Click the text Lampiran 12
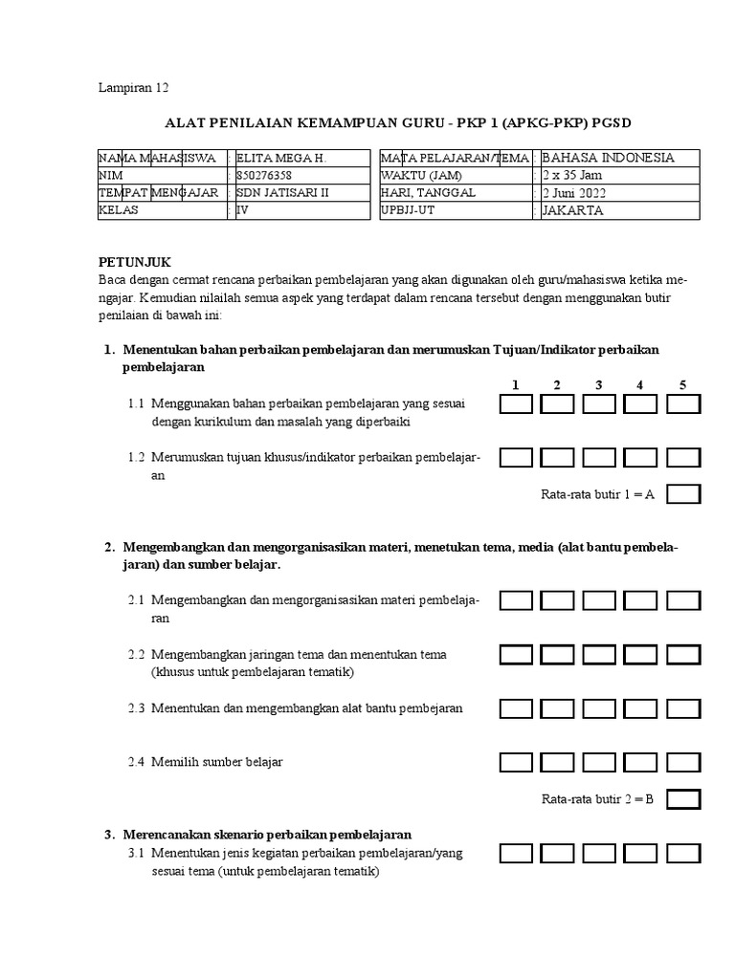[133, 88]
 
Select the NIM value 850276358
[264, 176]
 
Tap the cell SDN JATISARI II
[281, 193]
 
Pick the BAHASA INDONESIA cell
[608, 158]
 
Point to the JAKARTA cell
[572, 210]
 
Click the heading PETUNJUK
[136, 261]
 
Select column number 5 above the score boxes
[683, 385]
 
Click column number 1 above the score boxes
[515, 385]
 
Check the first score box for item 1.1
[516, 404]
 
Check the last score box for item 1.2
[683, 458]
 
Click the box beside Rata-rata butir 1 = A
[683, 494]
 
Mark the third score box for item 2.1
[599, 600]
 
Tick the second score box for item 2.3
[557, 708]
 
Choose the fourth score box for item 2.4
[641, 762]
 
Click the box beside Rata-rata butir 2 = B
[683, 798]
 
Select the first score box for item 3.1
[516, 853]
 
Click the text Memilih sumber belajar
[216, 762]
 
